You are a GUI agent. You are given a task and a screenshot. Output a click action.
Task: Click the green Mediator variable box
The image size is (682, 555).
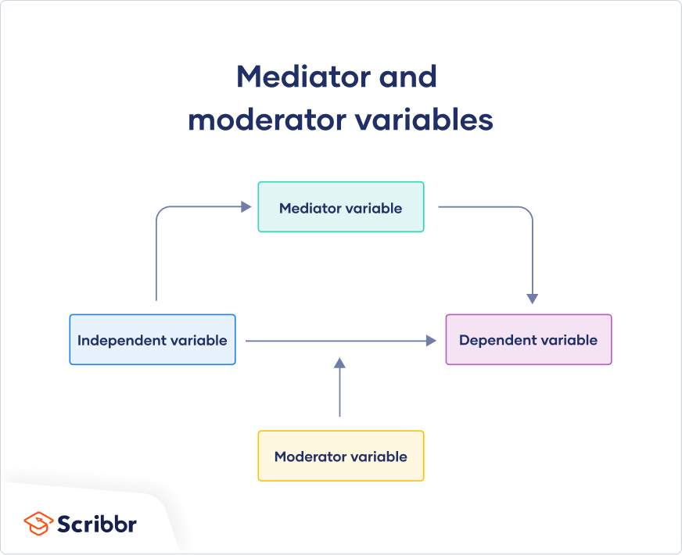click(x=341, y=207)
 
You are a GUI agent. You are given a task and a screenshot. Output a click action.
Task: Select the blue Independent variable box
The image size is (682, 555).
click(x=153, y=339)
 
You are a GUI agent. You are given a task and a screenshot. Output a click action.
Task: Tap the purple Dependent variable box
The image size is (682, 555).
click(x=529, y=339)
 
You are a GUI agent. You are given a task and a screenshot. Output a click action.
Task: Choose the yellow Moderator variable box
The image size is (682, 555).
click(x=341, y=456)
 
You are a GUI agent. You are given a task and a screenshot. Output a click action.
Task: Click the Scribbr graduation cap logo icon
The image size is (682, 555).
click(x=38, y=523)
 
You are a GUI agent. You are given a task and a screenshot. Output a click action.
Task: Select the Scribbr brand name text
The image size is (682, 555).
click(x=96, y=523)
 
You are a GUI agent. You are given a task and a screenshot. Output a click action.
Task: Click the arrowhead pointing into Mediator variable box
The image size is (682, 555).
click(x=246, y=207)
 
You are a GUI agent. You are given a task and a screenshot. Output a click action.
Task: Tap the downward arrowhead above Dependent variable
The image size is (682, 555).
click(x=533, y=298)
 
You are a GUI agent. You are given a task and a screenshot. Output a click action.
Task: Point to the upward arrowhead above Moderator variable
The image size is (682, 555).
click(x=339, y=363)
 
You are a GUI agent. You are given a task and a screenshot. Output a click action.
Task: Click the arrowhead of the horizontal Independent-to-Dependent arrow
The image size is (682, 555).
click(x=430, y=341)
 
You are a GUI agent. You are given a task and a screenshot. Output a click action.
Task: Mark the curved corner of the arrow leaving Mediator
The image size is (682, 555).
click(x=528, y=212)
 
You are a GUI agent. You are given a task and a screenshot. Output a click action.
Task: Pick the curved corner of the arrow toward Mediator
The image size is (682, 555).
click(x=161, y=212)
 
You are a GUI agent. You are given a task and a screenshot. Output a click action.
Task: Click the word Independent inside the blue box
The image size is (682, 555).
click(x=120, y=340)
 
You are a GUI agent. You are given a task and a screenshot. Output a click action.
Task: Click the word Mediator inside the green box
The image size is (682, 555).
click(x=308, y=208)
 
